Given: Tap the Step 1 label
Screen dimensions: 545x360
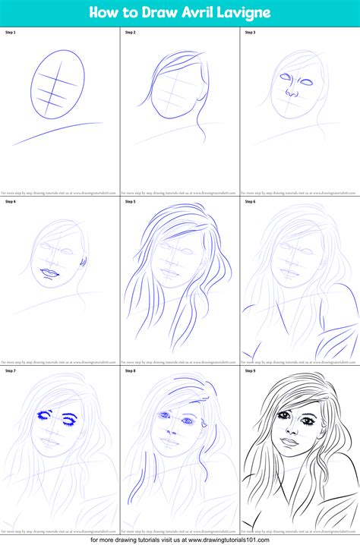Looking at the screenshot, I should click(11, 32).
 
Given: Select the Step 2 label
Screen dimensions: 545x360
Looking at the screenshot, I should click(130, 32).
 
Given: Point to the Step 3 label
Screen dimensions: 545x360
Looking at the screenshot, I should click(250, 32).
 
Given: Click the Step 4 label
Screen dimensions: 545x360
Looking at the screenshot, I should click(11, 202).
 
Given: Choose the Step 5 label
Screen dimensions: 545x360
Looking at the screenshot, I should click(130, 202).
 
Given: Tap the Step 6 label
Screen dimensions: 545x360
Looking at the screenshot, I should click(250, 202).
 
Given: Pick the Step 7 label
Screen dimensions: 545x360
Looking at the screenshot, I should click(11, 371).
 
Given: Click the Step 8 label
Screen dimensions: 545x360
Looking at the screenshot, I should click(130, 371).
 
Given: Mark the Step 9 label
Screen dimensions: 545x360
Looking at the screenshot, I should click(250, 371).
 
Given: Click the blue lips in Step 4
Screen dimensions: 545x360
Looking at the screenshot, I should click(49, 273).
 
